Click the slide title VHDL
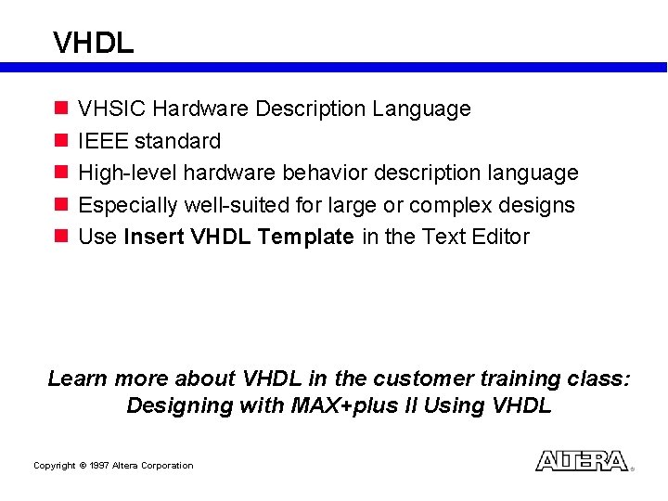94,43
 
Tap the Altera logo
582,461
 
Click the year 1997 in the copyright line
99,466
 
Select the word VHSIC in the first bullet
112,109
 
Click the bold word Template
306,237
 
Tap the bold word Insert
154,237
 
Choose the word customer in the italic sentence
422,379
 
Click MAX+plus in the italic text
340,406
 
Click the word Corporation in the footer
166,466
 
